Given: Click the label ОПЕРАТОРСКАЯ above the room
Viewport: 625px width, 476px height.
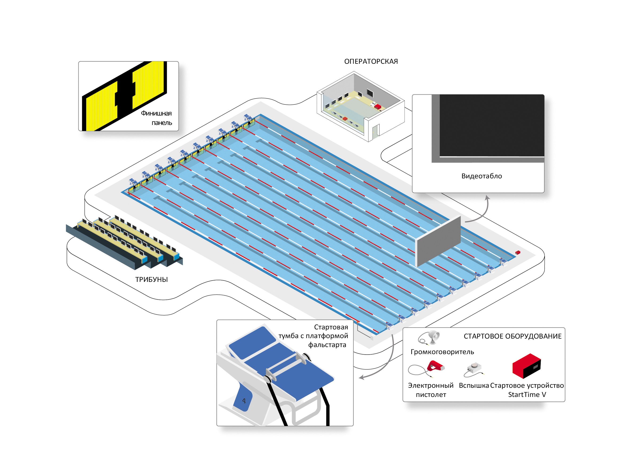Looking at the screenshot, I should click(371, 61).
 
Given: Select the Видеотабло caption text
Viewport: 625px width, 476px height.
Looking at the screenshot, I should click(481, 176).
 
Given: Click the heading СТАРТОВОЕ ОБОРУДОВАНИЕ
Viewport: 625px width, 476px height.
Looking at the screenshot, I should click(512, 336).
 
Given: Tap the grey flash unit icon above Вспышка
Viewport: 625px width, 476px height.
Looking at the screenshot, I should click(474, 368).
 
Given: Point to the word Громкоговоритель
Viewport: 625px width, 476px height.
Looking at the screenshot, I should click(442, 352).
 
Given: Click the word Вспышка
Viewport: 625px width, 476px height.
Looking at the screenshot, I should click(474, 385).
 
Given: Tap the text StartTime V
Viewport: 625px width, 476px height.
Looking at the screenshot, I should click(527, 394).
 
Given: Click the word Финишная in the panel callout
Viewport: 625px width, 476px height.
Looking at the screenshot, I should click(156, 113).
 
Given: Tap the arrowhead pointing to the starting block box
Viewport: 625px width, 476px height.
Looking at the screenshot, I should click(361, 377).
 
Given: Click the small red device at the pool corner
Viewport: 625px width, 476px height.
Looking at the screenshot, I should click(517, 252).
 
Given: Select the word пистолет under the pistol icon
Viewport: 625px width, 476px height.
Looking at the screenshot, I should click(431, 394).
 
